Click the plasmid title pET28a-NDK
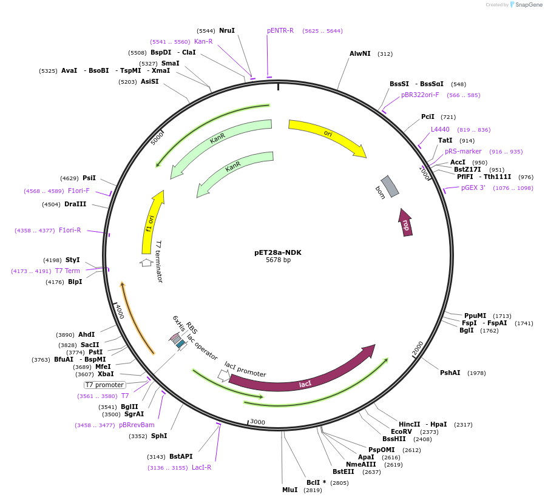pos(278,252)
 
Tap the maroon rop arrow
pos(405,223)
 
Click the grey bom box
pos(390,186)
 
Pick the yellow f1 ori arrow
pos(152,221)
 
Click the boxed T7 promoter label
pos(104,385)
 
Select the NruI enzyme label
pos(227,30)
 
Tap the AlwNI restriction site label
pos(360,53)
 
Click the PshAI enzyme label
pos(450,373)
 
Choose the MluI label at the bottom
pos(290,490)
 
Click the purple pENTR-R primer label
pos(280,30)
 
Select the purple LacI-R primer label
pos(201,468)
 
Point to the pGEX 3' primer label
pos(473,188)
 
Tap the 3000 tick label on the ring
pos(257,422)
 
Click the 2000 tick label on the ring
pos(418,348)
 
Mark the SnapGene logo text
pos(529,4)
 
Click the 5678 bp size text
pos(278,260)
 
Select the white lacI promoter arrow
pos(223,376)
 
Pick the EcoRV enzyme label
pos(401,431)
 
